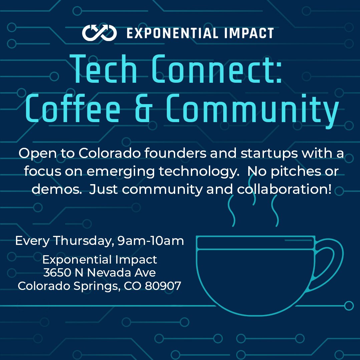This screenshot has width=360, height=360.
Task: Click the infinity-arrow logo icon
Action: coord(99,33)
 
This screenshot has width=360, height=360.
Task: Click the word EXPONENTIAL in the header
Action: coord(171,33)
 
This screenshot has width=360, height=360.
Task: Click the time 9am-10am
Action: coord(151,241)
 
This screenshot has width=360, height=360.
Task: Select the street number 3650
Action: coord(57,273)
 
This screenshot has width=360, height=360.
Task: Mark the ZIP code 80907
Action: coord(163,286)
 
